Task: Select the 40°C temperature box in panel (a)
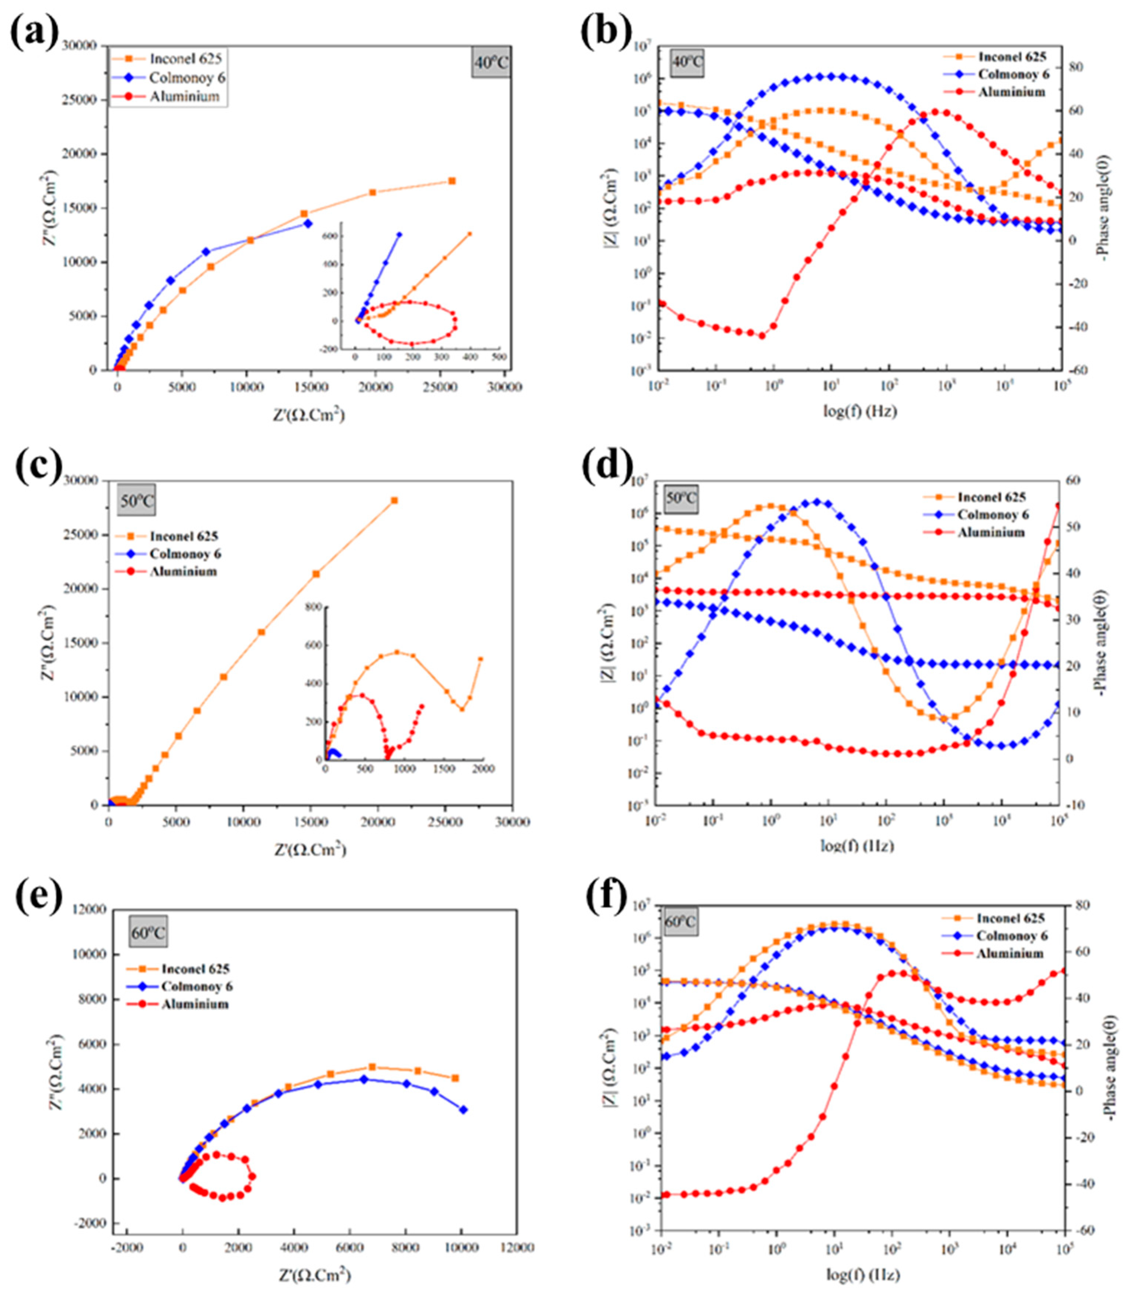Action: point(490,63)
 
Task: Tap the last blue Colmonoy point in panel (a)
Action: point(308,223)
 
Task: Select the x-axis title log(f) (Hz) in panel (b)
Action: point(859,411)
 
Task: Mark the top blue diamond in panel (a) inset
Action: point(399,234)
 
